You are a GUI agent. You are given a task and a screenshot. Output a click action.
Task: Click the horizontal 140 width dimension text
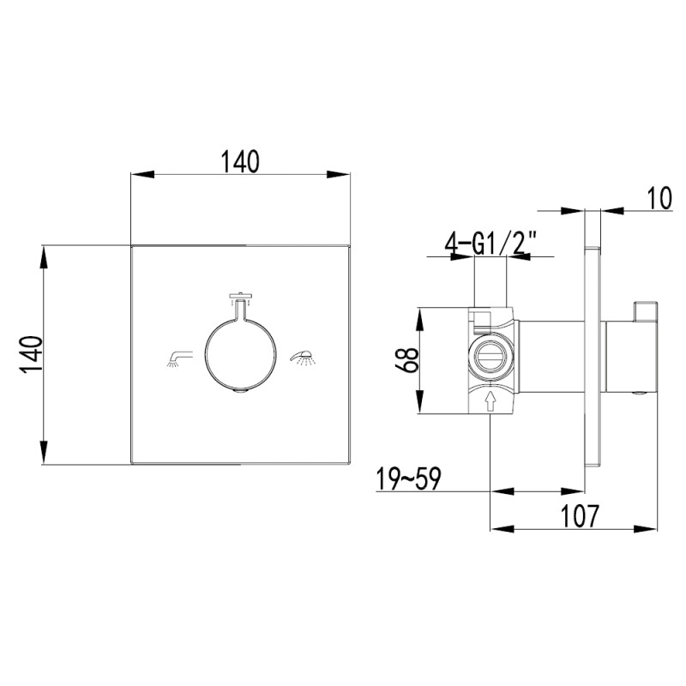tap(240, 160)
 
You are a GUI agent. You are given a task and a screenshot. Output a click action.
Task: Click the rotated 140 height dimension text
tap(30, 354)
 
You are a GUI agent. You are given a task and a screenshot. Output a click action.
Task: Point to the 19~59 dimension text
tap(408, 479)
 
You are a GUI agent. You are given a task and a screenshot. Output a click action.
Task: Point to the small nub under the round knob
tap(240, 393)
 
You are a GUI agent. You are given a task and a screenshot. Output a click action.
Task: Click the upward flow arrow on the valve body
tap(490, 400)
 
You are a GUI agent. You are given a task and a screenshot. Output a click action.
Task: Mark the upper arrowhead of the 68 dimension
tap(419, 315)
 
